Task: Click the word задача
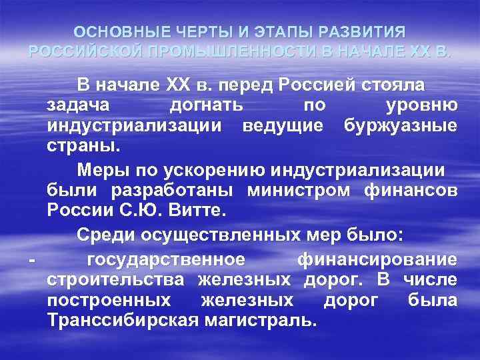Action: [x=77, y=105]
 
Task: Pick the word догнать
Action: [x=207, y=105]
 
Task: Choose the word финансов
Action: [x=411, y=191]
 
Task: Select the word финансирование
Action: [x=377, y=258]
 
